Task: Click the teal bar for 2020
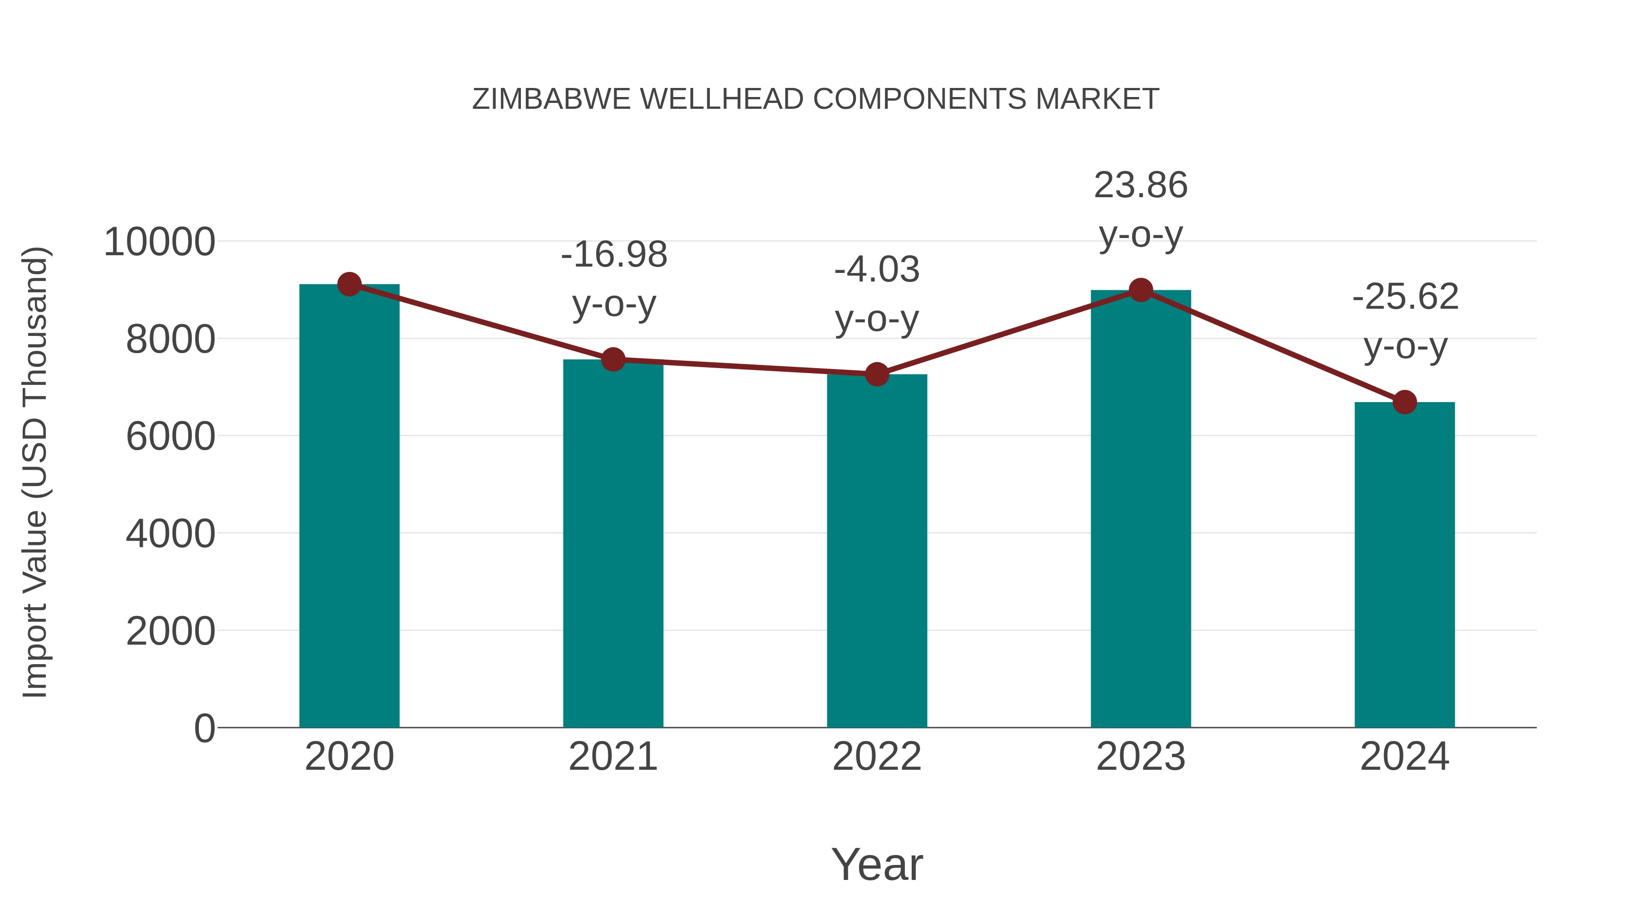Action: [x=349, y=507]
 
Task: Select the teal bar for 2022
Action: [x=877, y=551]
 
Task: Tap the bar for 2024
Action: [x=1404, y=564]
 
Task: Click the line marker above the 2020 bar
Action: [x=349, y=284]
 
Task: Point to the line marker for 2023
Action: [x=1141, y=290]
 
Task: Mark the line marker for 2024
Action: [x=1404, y=402]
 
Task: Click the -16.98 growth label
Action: [x=614, y=255]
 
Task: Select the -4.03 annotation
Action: [x=877, y=269]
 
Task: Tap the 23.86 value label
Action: [x=1141, y=185]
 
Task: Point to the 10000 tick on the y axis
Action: [x=160, y=242]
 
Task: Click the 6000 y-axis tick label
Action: [x=170, y=437]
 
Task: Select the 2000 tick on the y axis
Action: [x=170, y=631]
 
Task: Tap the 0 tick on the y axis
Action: [x=204, y=728]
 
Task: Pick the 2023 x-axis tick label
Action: [x=1141, y=757]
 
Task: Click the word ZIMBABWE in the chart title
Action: [x=551, y=99]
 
